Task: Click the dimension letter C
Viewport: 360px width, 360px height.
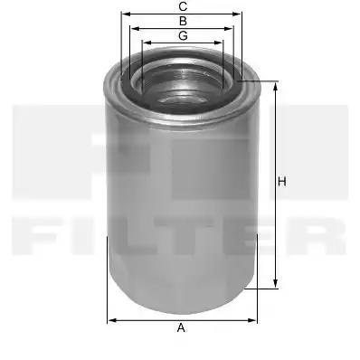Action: click(183, 6)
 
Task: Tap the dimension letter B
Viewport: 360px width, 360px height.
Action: click(183, 21)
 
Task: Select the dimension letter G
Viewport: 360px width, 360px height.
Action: click(183, 35)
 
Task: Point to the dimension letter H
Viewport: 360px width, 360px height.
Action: click(282, 182)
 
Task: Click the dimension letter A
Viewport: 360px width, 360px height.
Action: click(181, 327)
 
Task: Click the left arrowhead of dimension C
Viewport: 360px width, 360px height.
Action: click(126, 14)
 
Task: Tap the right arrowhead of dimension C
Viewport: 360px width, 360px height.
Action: click(237, 14)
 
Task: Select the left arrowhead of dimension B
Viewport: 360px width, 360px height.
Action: click(135, 29)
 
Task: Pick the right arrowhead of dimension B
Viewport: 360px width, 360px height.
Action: click(229, 29)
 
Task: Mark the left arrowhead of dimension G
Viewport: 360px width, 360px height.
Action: click(147, 43)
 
